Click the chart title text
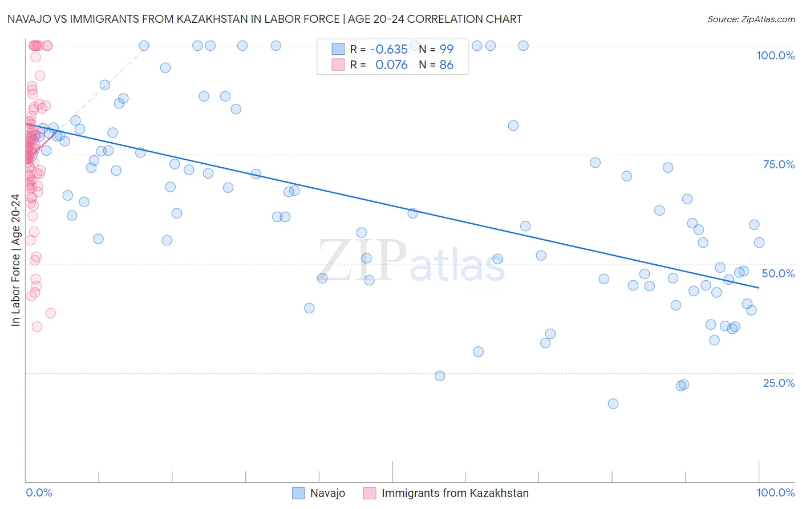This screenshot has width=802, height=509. click(265, 19)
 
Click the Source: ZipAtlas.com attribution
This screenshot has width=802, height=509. click(751, 19)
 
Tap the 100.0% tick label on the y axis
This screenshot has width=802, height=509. click(775, 55)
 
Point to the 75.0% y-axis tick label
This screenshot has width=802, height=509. click(779, 164)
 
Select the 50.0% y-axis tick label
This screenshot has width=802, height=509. click(778, 273)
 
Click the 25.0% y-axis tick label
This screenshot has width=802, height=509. click(779, 382)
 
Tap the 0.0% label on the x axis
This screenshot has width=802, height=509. click(39, 492)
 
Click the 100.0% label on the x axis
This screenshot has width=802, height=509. click(775, 492)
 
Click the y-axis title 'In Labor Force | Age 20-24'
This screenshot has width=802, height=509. click(15, 260)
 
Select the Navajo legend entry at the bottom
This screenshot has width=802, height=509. click(327, 493)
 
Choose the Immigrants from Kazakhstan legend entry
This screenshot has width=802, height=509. click(455, 493)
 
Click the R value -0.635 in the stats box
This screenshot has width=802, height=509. click(388, 49)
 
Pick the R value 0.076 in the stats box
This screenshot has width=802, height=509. click(391, 64)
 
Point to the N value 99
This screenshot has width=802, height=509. click(446, 49)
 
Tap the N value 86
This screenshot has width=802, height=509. click(446, 64)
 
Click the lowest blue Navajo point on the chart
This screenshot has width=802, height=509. click(613, 403)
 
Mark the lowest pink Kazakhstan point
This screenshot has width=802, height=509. click(37, 326)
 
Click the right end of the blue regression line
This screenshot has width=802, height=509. click(759, 288)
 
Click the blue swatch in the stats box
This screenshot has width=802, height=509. click(338, 49)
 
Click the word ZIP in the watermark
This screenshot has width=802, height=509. click(362, 261)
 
